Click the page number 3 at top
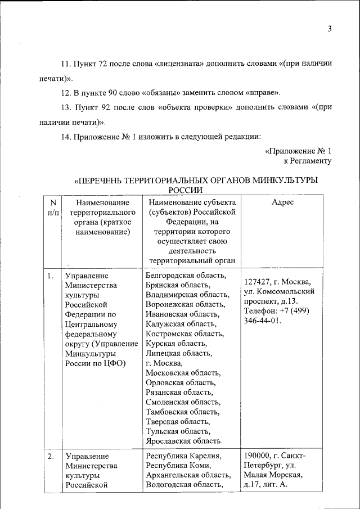[330, 29]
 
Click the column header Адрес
[282, 202]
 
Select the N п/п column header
[52, 207]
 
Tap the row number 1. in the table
[51, 276]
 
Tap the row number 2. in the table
[51, 456]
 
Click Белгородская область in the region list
[186, 275]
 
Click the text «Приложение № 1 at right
[298, 151]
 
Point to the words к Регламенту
[307, 161]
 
